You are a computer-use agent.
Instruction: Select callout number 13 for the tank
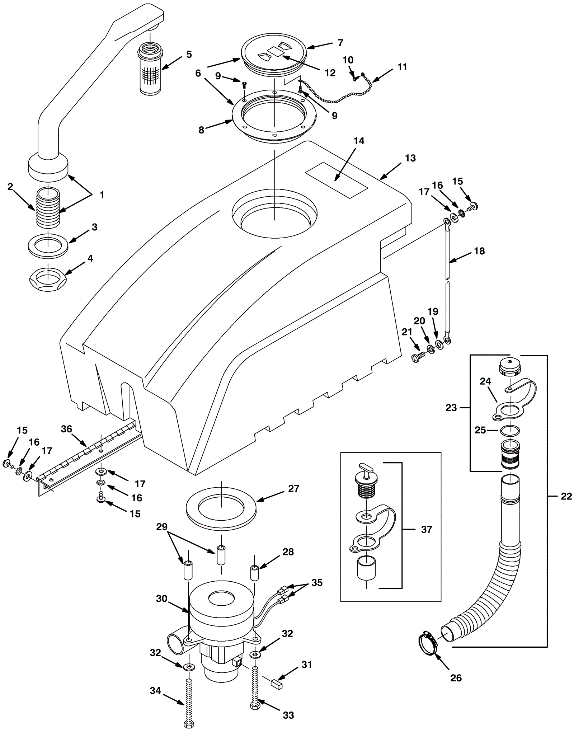[410, 158]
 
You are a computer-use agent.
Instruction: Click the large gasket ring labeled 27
[221, 508]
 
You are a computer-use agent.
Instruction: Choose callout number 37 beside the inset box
[426, 530]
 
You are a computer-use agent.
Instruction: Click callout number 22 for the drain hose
[566, 497]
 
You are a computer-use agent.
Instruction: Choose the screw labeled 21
[419, 357]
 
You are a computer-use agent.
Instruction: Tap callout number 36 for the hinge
[67, 429]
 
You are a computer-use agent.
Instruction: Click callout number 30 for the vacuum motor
[161, 599]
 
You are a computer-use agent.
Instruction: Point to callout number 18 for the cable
[479, 251]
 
